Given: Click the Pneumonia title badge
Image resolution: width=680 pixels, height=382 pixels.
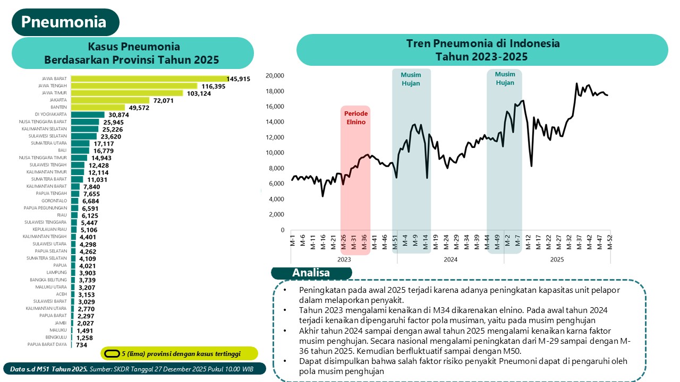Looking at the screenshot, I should pos(64,22).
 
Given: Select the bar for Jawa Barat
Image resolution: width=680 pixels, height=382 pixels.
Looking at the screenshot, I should pos(149,79).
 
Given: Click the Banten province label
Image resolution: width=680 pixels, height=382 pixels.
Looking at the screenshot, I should pos(58,107).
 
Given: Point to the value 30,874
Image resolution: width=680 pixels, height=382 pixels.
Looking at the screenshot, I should pos(119,115).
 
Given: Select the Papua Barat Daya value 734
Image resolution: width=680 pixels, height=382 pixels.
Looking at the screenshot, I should pos(82,345).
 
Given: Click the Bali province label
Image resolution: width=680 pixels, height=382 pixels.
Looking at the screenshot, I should pos(62,150).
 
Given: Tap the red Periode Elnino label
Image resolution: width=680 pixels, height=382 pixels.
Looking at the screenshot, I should pos(355,118).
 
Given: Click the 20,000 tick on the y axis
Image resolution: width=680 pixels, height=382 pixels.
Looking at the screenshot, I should pos(275,75).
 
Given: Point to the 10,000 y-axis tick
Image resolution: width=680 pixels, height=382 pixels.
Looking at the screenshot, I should pos(275,153).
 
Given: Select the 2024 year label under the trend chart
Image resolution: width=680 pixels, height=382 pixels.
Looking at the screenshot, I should pos(450,259).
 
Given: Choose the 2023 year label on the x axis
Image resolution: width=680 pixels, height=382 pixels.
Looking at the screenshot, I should pos(344,259).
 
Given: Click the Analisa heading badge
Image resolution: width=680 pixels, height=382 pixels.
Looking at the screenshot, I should pos(311,273).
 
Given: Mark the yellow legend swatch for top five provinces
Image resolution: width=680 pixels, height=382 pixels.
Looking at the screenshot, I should pos(112,353).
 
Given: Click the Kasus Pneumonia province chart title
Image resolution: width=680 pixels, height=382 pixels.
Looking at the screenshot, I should pos(131,53).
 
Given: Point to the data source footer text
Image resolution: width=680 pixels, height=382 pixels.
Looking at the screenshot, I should pos(133,368).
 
